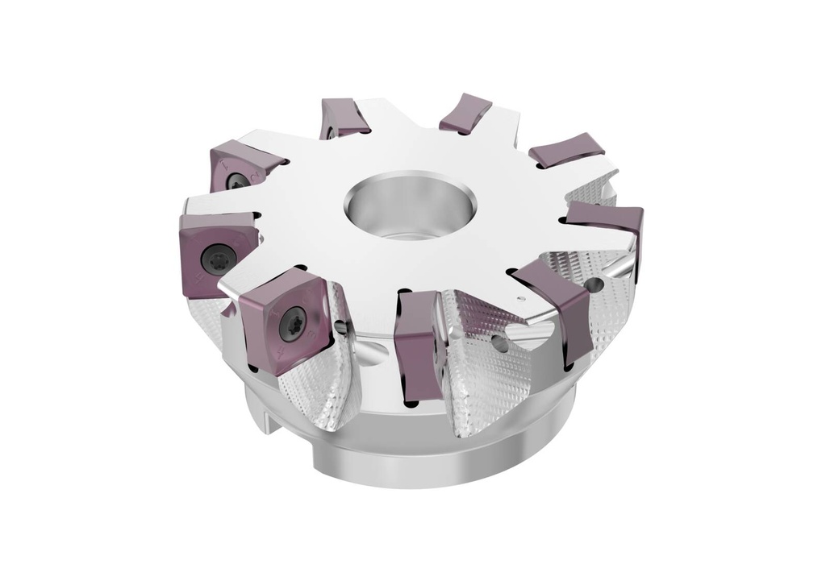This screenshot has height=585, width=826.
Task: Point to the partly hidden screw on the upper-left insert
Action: click(x=236, y=182)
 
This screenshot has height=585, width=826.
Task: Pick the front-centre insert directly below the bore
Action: click(x=419, y=342)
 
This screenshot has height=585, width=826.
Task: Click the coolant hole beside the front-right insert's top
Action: click(x=595, y=285)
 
